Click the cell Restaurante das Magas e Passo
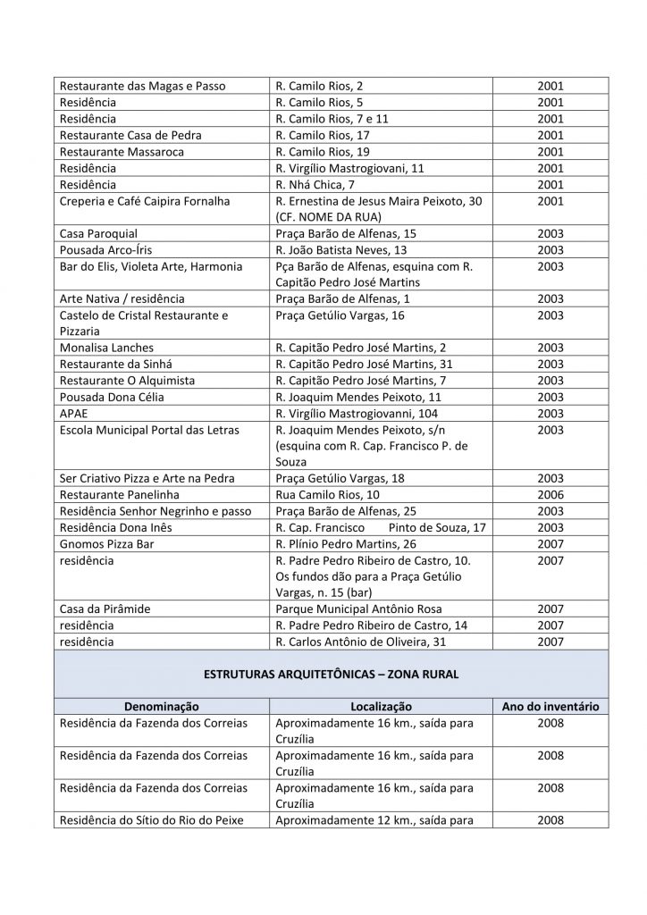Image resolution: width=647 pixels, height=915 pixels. click(142, 86)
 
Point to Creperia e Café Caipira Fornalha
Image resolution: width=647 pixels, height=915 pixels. click(145, 201)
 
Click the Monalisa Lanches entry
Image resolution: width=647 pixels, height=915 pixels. click(106, 348)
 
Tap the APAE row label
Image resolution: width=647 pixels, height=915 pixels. click(75, 414)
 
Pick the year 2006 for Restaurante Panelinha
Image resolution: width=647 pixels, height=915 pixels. click(550, 494)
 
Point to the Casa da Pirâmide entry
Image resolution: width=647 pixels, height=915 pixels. click(105, 609)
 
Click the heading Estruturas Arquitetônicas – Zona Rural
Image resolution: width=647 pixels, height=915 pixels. click(331, 675)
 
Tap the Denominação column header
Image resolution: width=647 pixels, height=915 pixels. click(162, 707)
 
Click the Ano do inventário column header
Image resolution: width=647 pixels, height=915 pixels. click(550, 707)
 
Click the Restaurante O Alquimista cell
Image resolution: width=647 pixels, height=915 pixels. click(127, 381)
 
